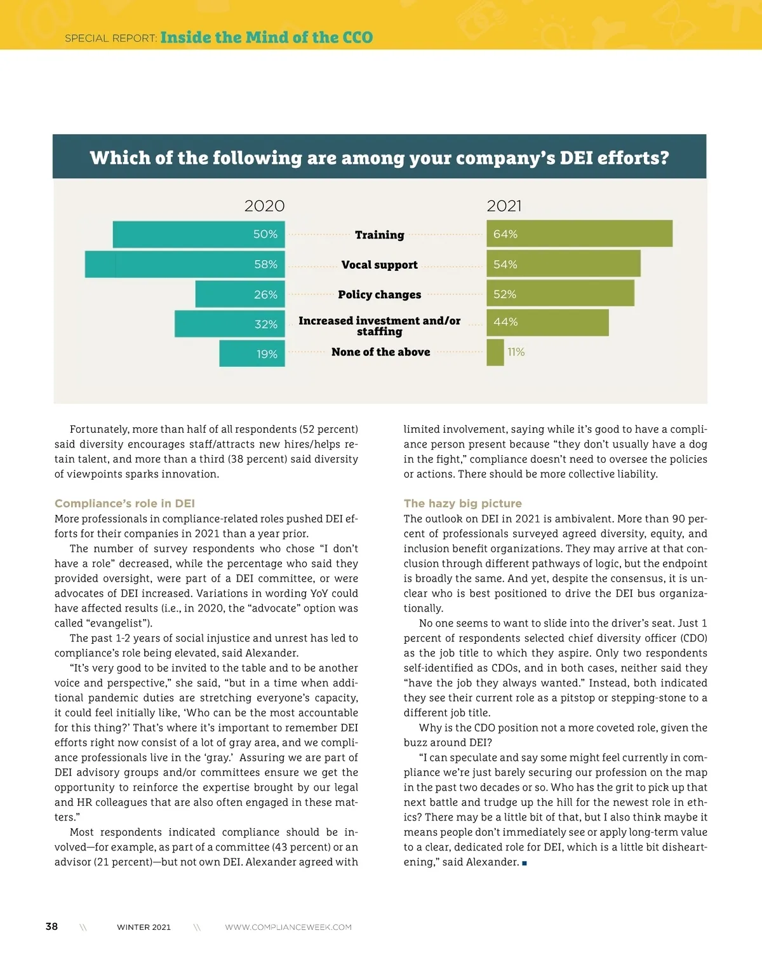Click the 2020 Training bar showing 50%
click(199, 235)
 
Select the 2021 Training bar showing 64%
click(579, 234)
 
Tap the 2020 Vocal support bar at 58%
click(185, 264)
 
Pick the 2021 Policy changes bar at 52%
click(560, 294)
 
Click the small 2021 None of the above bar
click(495, 353)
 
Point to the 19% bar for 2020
click(252, 354)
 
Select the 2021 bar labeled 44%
click(547, 323)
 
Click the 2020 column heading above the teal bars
click(264, 206)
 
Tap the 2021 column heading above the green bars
click(504, 206)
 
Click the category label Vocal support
click(380, 264)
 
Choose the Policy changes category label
click(380, 294)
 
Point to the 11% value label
click(516, 352)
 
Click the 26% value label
click(265, 295)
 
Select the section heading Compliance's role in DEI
click(124, 503)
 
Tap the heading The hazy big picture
click(462, 503)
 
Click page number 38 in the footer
click(51, 927)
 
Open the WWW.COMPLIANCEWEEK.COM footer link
click(288, 927)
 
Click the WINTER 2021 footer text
click(144, 927)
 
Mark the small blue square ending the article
click(525, 863)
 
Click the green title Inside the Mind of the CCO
click(267, 37)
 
